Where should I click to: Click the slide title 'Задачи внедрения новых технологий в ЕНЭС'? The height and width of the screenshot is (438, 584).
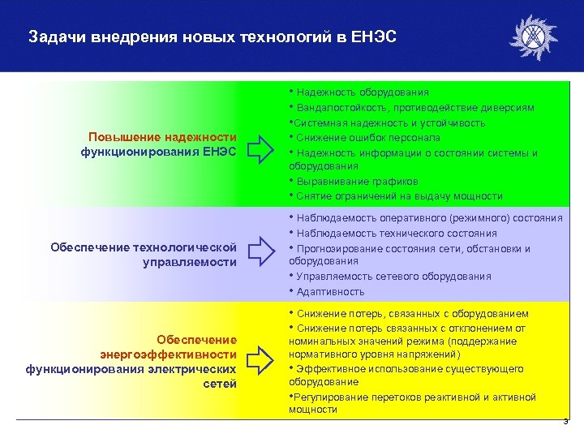click(x=212, y=37)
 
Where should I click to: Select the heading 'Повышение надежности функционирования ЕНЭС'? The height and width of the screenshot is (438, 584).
click(x=159, y=144)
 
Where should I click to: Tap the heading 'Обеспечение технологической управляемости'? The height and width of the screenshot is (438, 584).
click(x=144, y=254)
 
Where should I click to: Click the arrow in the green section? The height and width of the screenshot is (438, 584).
click(x=261, y=146)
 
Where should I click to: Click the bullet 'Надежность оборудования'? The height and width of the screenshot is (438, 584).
click(x=363, y=93)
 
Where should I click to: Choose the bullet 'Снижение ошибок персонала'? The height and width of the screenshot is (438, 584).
click(x=374, y=137)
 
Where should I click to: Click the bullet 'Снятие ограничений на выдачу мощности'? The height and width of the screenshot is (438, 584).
click(x=399, y=195)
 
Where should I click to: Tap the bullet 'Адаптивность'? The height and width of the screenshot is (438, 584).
click(x=330, y=291)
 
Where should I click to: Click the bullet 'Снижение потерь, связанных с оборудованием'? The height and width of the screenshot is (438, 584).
click(x=412, y=313)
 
